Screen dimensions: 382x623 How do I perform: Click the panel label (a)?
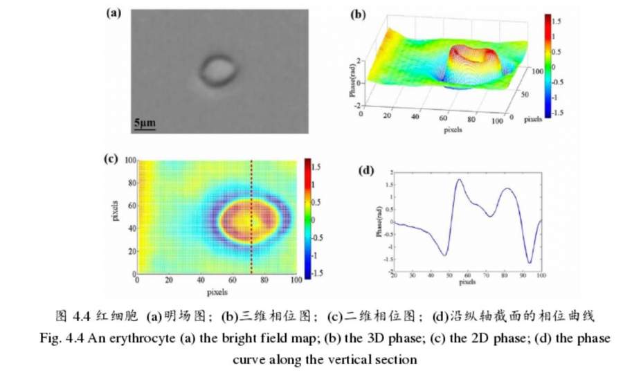114,13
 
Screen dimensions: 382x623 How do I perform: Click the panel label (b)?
359,13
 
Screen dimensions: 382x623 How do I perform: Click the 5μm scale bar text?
145,122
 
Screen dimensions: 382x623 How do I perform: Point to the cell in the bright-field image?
219,71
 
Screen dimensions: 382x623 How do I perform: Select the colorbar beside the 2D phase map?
307,218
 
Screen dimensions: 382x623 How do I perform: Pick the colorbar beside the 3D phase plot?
546,66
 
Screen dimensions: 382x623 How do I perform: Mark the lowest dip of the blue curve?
530,263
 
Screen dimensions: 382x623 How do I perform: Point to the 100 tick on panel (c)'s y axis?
130,161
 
